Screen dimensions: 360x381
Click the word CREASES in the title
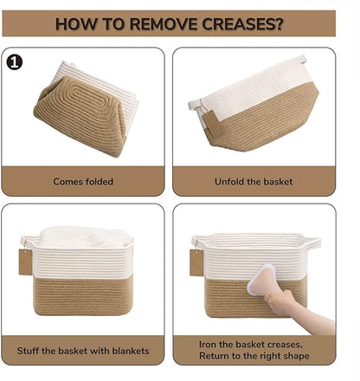point(242,23)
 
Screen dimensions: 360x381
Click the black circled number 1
point(15,62)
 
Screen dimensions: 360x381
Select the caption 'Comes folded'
point(83,182)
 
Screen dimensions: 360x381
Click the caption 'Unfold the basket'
point(254,182)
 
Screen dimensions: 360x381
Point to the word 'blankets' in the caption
point(131,351)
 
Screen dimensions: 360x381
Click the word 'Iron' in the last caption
point(208,345)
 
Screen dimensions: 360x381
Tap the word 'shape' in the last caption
point(297,356)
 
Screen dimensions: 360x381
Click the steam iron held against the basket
point(261,280)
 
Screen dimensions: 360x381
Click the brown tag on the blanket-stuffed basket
point(25,262)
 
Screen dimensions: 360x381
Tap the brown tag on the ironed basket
point(196,262)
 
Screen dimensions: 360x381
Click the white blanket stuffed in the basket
point(85,236)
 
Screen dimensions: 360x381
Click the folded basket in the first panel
point(86,109)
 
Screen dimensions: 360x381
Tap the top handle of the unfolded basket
point(300,60)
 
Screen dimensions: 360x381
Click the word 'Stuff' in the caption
point(28,351)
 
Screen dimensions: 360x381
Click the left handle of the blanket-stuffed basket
point(28,241)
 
